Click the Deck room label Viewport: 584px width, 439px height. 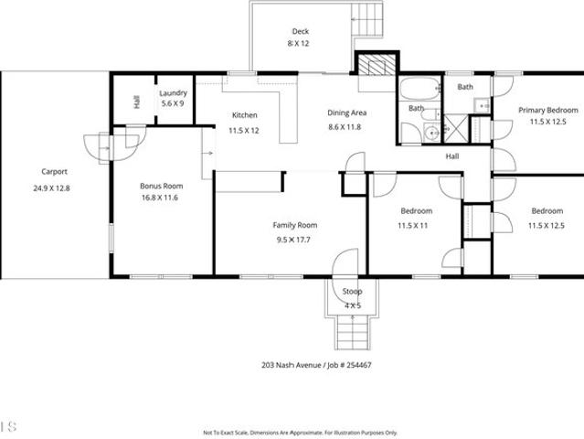click(300, 31)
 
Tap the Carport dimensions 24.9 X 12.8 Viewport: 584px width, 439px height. click(51, 188)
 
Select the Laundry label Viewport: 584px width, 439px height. click(173, 93)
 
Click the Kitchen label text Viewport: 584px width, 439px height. click(245, 115)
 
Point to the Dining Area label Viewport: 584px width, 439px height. click(346, 112)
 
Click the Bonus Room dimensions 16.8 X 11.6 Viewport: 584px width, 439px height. click(160, 198)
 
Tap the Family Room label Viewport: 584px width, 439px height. click(295, 225)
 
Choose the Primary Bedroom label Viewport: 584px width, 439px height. click(548, 111)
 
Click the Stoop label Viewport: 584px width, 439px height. click(352, 292)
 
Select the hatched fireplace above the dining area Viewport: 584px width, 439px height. click(377, 64)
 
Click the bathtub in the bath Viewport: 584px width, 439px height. click(419, 88)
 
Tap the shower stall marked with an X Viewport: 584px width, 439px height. click(455, 129)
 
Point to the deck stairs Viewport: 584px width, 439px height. click(367, 19)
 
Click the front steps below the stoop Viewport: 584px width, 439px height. click(353, 332)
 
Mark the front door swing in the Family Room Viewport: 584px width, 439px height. click(345, 262)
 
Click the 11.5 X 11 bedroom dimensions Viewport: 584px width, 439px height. click(413, 226)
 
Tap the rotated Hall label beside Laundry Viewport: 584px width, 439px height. click(137, 102)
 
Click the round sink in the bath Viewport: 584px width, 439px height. click(432, 133)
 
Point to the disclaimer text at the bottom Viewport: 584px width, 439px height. click(300, 433)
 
